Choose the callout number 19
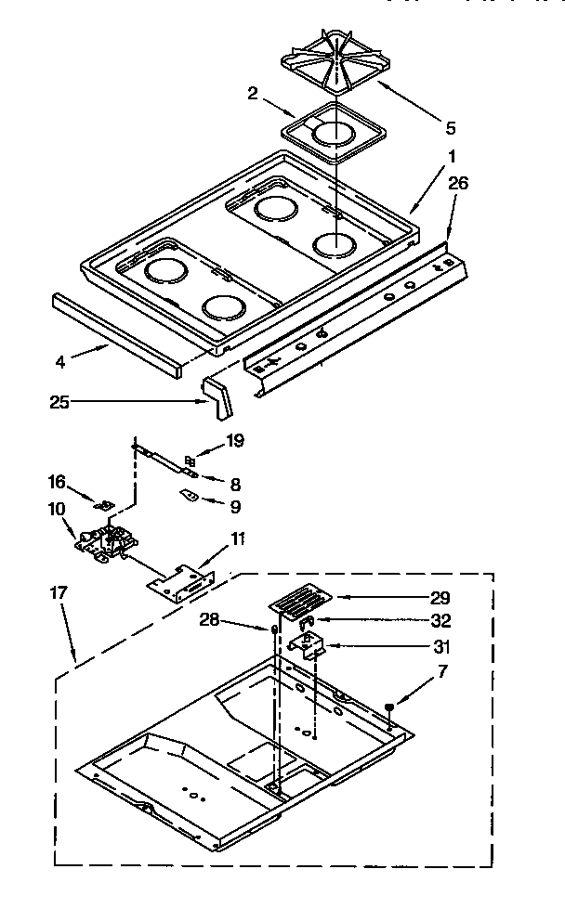coord(235,440)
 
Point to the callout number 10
coord(58,508)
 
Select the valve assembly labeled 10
coord(108,542)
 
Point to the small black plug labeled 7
coord(389,707)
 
